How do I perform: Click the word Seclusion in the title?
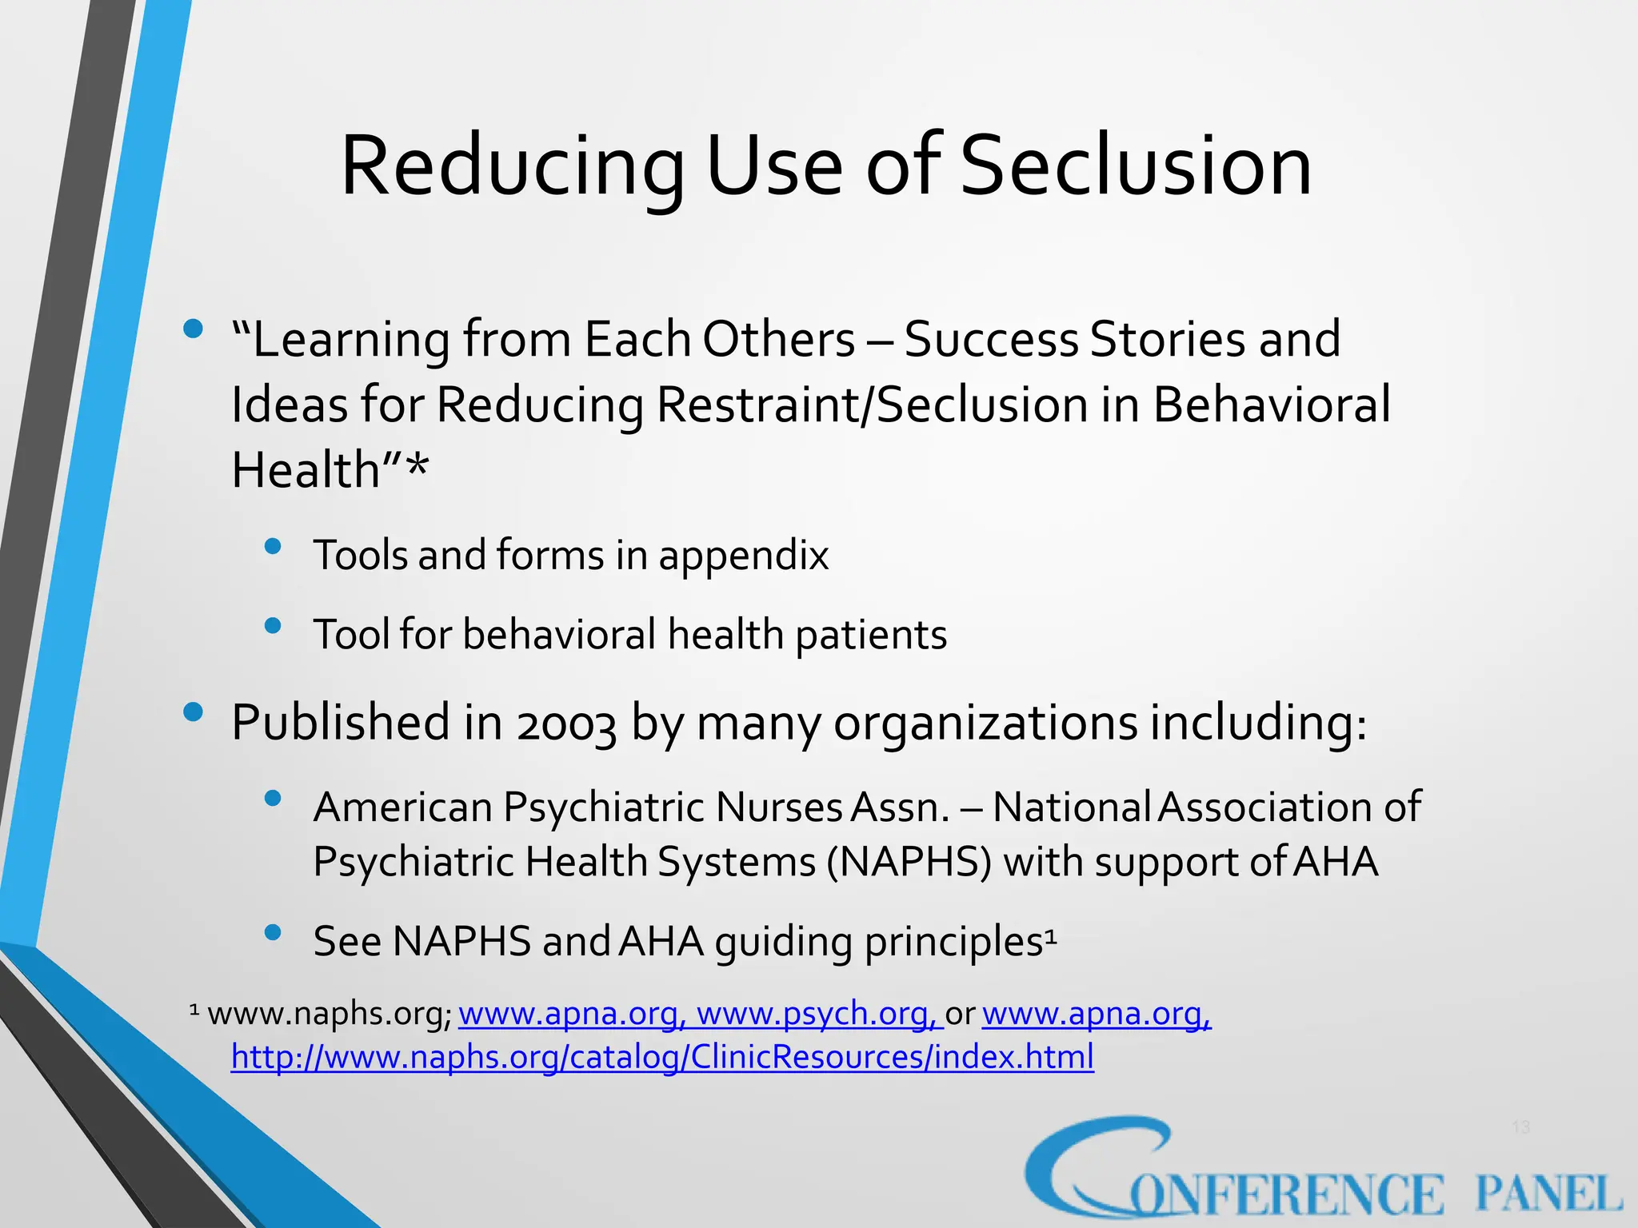[x=1136, y=166]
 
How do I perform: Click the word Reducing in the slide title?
[x=512, y=166]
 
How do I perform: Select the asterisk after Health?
[x=417, y=468]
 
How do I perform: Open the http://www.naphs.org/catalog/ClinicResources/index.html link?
[x=662, y=1057]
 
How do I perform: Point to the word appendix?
[x=743, y=556]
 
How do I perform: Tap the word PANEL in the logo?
[x=1548, y=1194]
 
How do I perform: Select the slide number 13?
[x=1520, y=1127]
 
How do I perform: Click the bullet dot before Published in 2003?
[x=193, y=712]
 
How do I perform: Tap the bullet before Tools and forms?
[x=273, y=546]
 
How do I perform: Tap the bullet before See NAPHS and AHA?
[x=273, y=932]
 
